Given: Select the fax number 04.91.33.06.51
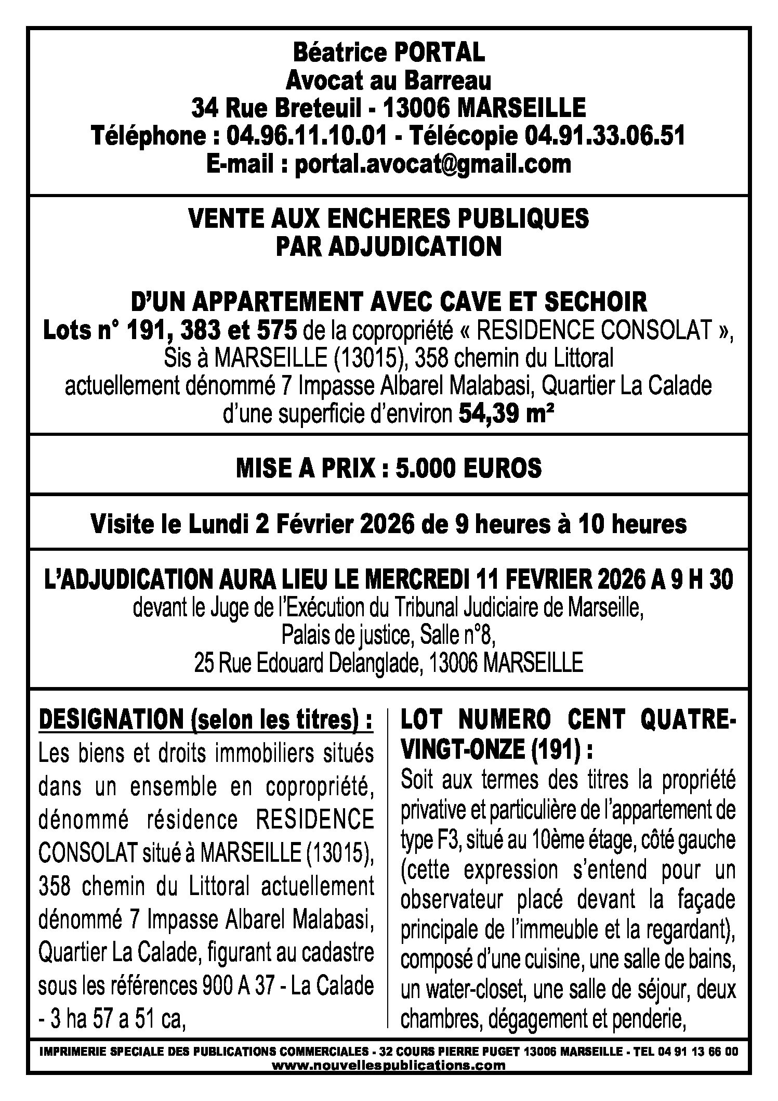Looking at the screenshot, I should coord(604,136).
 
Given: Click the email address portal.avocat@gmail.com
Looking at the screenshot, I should coord(432,164).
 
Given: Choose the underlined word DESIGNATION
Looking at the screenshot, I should coord(111,721).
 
